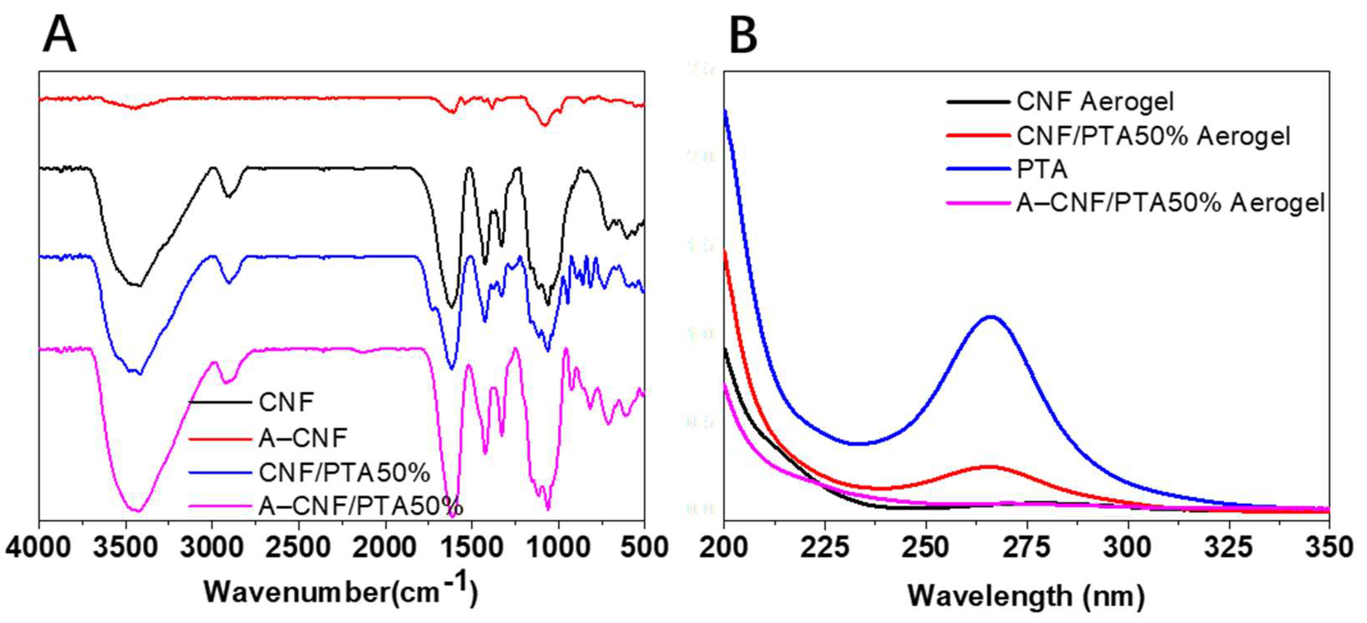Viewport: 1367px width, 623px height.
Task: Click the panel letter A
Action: tap(59, 34)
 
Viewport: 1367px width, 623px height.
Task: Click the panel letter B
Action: tap(743, 35)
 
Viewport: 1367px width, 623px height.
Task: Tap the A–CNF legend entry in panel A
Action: tap(303, 438)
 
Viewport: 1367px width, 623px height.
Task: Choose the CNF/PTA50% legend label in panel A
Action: tap(344, 473)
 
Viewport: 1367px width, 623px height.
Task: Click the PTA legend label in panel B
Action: tap(1042, 169)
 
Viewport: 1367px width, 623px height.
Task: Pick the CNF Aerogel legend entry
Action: tap(1095, 101)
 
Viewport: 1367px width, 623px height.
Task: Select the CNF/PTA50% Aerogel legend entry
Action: tap(1153, 136)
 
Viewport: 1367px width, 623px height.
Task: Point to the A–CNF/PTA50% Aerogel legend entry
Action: tap(1170, 203)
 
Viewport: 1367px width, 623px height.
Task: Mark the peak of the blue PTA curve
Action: tap(990, 317)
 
